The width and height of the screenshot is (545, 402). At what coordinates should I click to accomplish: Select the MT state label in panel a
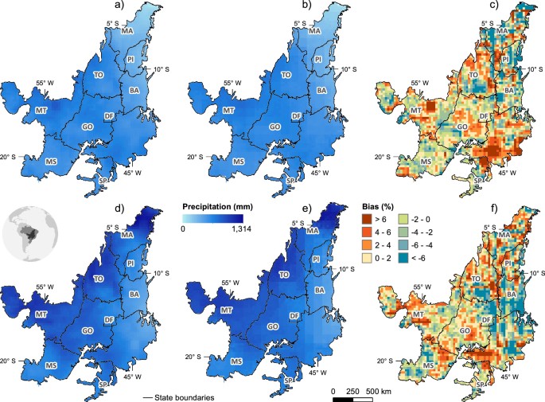pyautogui.click(x=41, y=109)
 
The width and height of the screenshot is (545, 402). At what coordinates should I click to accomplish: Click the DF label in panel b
pyautogui.click(x=296, y=116)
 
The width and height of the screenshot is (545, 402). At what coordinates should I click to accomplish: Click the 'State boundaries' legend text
pyautogui.click(x=185, y=393)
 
